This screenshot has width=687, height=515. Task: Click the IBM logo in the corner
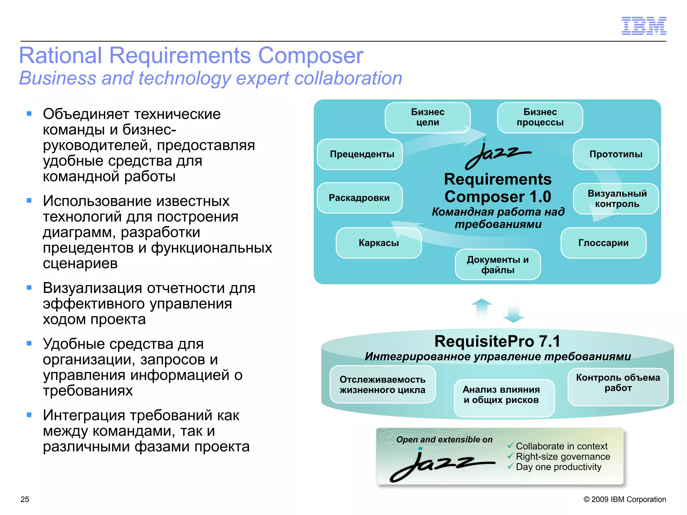point(644,26)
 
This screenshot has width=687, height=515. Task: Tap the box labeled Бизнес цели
point(427,117)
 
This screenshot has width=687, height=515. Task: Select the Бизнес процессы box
point(540,117)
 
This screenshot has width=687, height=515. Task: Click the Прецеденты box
point(360,154)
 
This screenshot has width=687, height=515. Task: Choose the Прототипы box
point(616,154)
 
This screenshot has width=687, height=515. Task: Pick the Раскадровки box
point(360,198)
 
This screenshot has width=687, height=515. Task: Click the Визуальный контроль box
point(616,198)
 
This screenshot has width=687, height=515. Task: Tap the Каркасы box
point(379,243)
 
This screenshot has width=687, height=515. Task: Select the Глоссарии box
point(603,243)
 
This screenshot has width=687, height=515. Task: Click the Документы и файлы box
point(497,264)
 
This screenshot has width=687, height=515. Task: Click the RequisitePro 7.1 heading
point(497,341)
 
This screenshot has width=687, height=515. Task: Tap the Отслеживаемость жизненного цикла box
point(382,384)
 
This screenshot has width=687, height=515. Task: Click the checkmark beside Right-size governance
point(511,456)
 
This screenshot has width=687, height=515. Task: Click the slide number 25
point(25,499)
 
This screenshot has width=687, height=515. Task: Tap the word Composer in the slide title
point(310,55)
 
